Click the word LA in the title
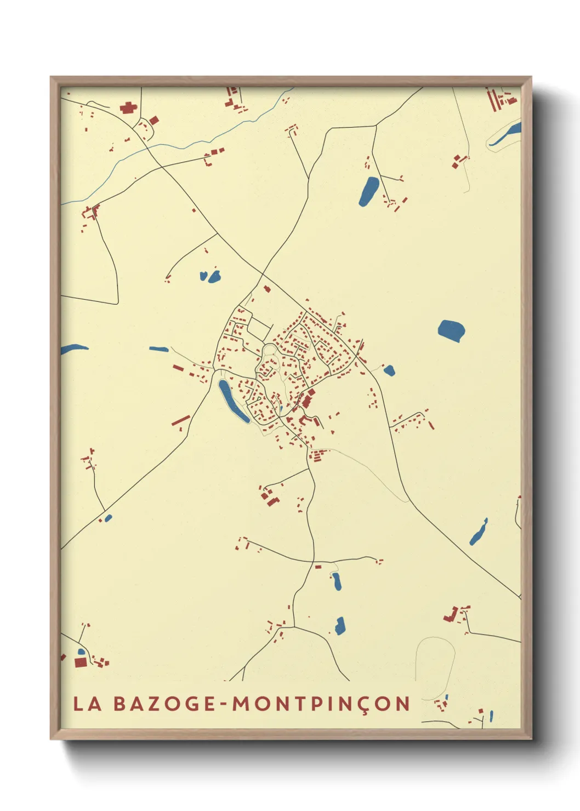[88, 704]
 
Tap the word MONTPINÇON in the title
[321, 704]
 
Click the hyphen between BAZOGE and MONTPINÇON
[224, 704]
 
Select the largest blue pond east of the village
[451, 330]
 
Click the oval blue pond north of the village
[368, 191]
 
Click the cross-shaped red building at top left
[128, 107]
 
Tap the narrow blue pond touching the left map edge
[73, 348]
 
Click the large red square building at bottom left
[81, 662]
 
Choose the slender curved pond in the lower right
[479, 532]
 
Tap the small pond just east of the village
[389, 370]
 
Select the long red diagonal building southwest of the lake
[181, 420]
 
